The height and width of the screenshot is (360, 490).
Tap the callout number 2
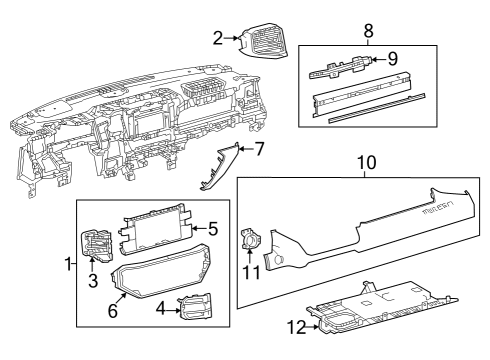[217, 38]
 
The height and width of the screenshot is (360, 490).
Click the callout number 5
[212, 229]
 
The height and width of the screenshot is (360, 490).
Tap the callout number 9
[393, 59]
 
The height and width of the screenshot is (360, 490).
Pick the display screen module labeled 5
[157, 232]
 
